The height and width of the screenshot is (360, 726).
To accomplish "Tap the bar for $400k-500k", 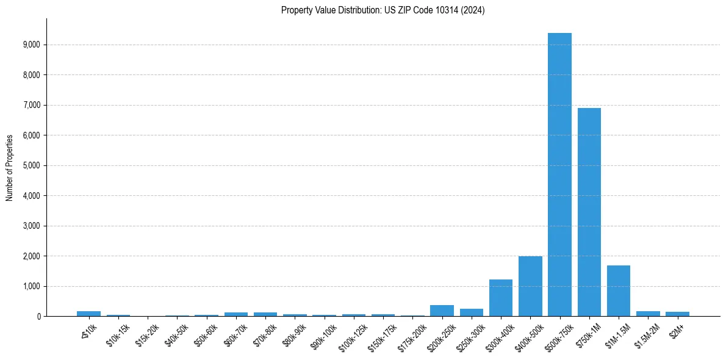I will (x=530, y=286).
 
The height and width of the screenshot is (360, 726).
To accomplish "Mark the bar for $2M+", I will (x=677, y=314).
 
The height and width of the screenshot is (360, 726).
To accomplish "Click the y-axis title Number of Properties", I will (x=9, y=168).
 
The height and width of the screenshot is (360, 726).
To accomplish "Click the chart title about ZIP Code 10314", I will (x=383, y=10).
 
